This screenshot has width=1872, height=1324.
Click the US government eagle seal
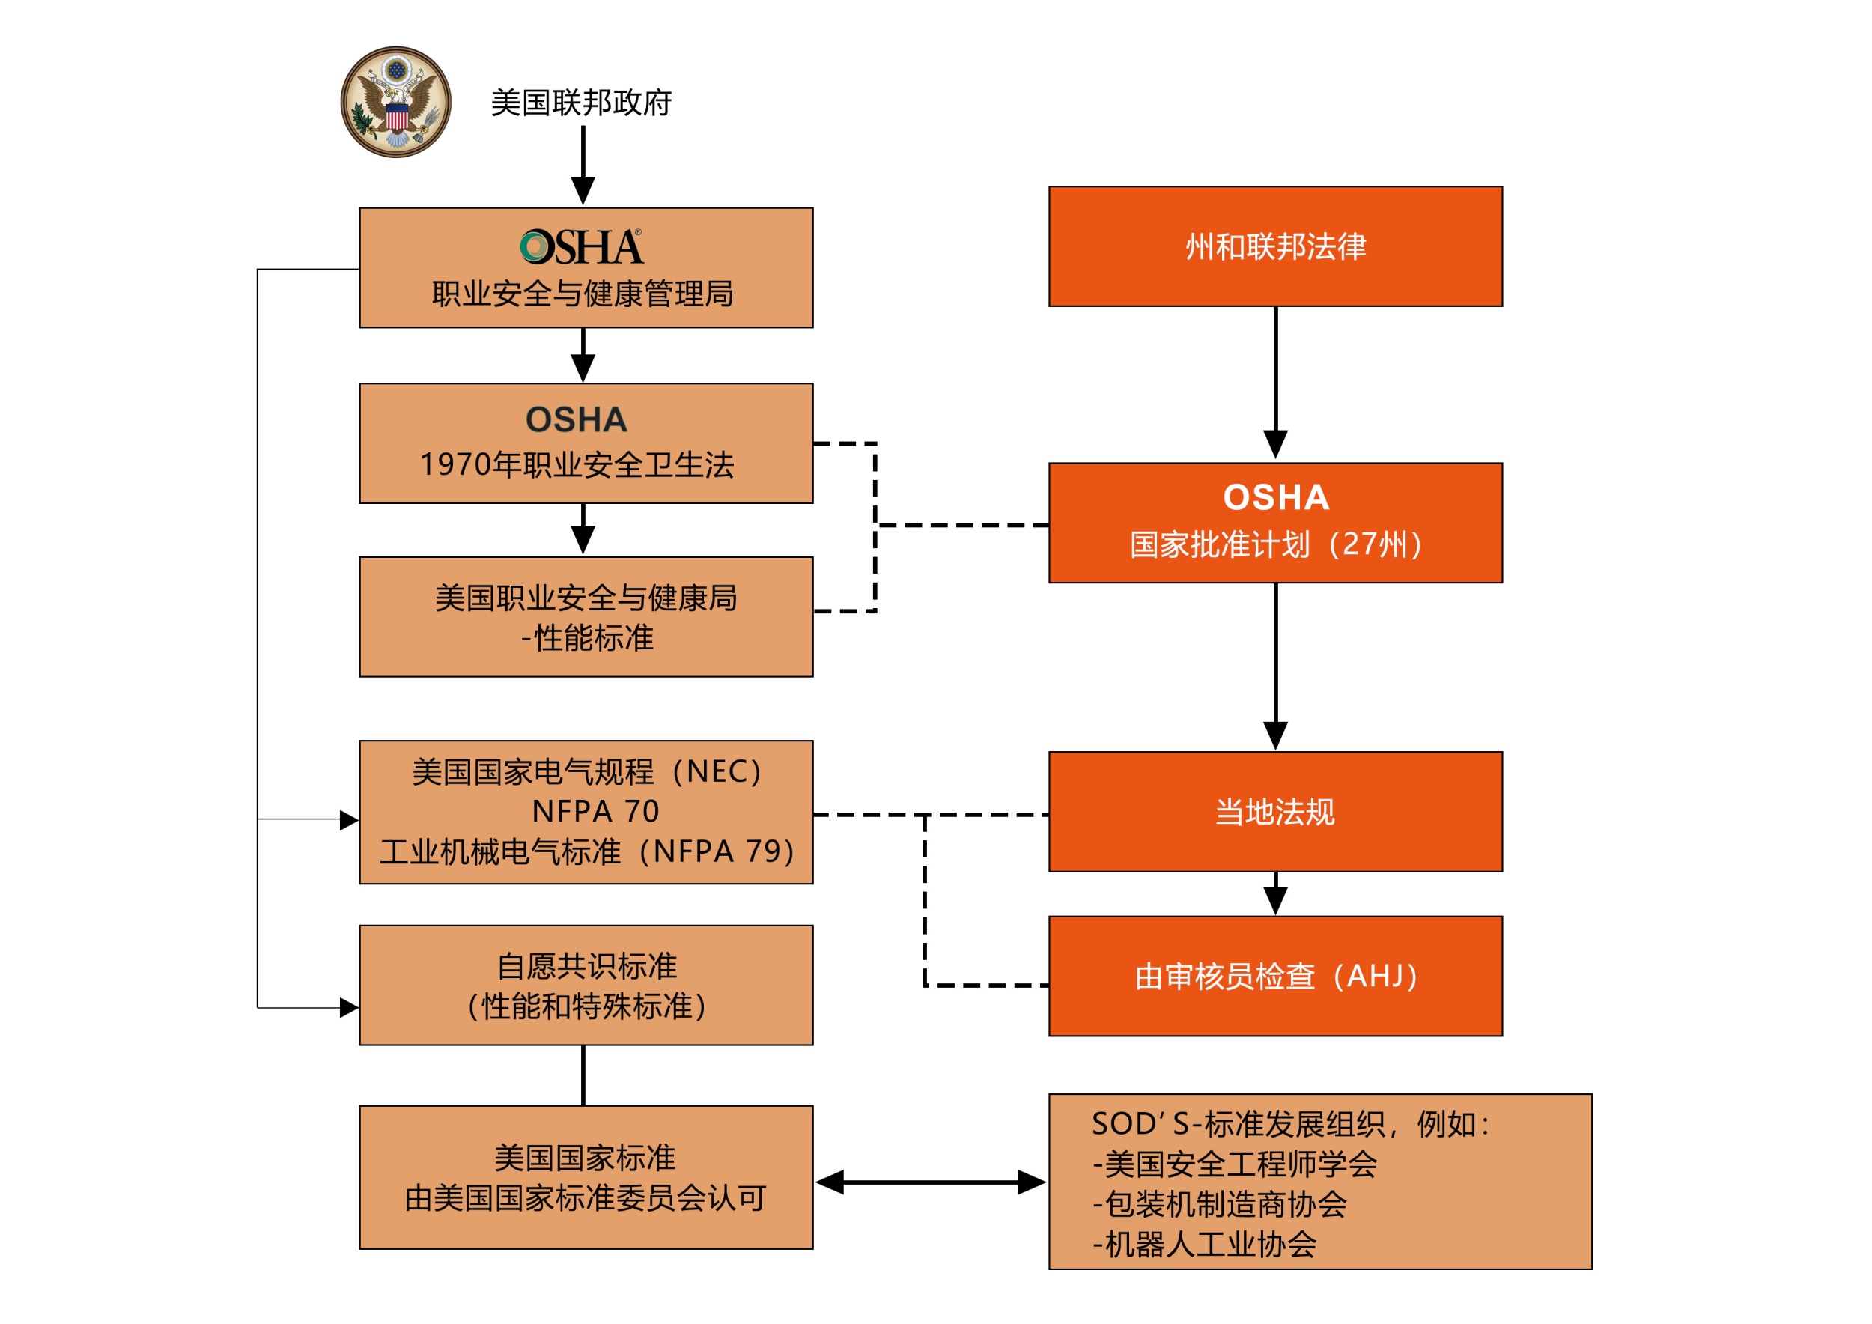pyautogui.click(x=395, y=102)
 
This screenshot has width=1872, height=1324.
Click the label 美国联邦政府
pyautogui.click(x=580, y=103)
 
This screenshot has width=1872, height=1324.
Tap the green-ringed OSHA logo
pyautogui.click(x=581, y=247)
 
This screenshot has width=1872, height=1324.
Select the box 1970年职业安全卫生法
pyautogui.click(x=586, y=443)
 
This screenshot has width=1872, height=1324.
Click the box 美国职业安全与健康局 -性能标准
pyautogui.click(x=586, y=617)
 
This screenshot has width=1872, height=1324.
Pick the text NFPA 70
pyautogui.click(x=595, y=812)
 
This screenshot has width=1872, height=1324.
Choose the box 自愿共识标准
pyautogui.click(x=586, y=985)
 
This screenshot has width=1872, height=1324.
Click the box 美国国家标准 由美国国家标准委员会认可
pyautogui.click(x=586, y=1177)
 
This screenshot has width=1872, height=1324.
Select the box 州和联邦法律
pyautogui.click(x=1275, y=246)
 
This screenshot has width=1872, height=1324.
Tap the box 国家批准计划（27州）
pyautogui.click(x=1275, y=523)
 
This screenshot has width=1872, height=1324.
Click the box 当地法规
pyautogui.click(x=1275, y=812)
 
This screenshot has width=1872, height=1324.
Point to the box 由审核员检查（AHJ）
pyautogui.click(x=1275, y=976)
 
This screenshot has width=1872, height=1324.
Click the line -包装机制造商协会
pyautogui.click(x=1220, y=1204)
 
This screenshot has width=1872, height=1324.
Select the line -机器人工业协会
pyautogui.click(x=1204, y=1244)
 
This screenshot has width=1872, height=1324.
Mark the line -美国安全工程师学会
pyautogui.click(x=1235, y=1164)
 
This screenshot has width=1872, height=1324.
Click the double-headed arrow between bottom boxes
pyautogui.click(x=930, y=1182)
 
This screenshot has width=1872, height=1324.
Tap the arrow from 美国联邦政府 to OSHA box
pyautogui.click(x=583, y=165)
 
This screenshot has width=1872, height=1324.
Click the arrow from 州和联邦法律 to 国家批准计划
pyautogui.click(x=1276, y=383)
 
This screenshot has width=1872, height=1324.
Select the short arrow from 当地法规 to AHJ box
pyautogui.click(x=1276, y=894)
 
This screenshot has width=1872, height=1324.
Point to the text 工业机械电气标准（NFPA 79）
pyautogui.click(x=587, y=852)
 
